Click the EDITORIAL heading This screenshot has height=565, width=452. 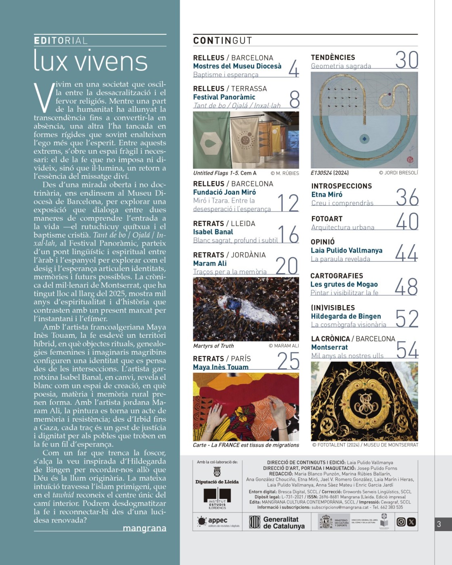click(61, 40)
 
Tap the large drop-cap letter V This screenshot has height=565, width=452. click(44, 97)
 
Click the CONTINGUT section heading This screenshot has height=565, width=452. click(222, 40)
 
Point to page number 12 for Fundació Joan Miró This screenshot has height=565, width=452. click(288, 203)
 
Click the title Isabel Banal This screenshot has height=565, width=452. click(213, 232)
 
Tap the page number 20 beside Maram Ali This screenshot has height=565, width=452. click(287, 266)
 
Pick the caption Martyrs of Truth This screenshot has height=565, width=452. click(213, 345)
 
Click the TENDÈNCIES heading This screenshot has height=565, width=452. click(333, 57)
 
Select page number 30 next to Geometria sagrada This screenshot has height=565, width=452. click(406, 60)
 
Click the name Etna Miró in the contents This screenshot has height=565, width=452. click(326, 195)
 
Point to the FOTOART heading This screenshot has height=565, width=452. click(327, 219)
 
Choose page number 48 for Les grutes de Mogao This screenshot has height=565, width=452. click(406, 287)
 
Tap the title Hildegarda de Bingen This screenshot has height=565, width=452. click(346, 316)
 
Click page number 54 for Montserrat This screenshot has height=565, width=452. click(407, 350)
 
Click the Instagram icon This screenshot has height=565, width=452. click(401, 522)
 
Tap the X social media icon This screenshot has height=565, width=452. click(411, 522)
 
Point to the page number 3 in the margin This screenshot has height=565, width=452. click(439, 524)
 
